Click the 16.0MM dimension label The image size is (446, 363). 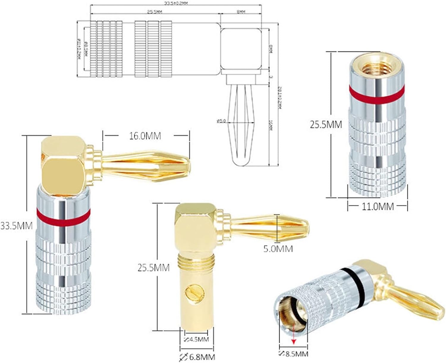coord(145,136)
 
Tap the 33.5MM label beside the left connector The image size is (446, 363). coord(16,226)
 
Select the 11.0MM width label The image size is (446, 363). coord(378,206)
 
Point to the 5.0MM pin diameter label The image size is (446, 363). coord(278,248)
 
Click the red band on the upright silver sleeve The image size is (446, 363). coord(377,92)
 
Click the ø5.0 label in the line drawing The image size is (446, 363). coord(222,121)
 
